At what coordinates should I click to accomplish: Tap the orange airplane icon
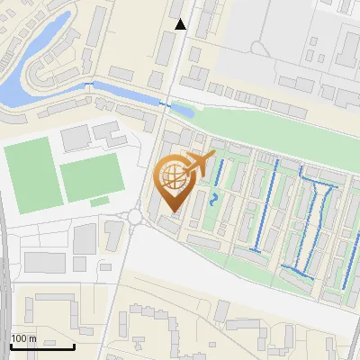click(201, 165)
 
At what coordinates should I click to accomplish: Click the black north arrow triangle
click(181, 24)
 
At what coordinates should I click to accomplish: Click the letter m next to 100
click(34, 338)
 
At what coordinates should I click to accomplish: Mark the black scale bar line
click(42, 346)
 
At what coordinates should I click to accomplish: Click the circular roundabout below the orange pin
click(135, 216)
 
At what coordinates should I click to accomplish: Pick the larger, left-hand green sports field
click(31, 175)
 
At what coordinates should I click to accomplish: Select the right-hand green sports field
click(91, 176)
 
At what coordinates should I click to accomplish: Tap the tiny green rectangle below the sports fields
click(101, 200)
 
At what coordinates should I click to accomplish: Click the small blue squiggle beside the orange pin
click(213, 199)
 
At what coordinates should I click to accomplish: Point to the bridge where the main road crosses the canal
click(165, 103)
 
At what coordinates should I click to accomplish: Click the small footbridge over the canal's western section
click(88, 85)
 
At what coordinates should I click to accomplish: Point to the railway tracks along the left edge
click(4, 270)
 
